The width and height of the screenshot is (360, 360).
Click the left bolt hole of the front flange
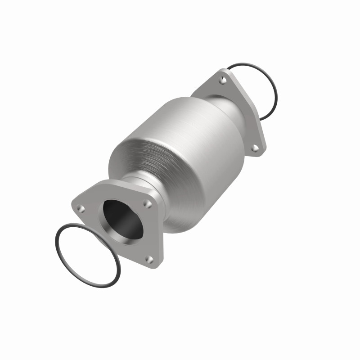pos(81,209)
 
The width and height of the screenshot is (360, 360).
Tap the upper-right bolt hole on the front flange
pos(147,203)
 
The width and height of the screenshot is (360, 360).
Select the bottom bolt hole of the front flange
pos(149,260)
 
